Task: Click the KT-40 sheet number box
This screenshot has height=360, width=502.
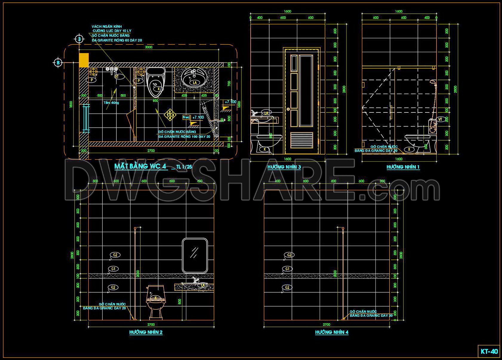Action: (x=489, y=351)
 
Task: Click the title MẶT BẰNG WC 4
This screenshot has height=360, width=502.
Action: (x=140, y=166)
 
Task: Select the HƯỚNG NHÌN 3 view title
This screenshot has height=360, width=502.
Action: (x=284, y=167)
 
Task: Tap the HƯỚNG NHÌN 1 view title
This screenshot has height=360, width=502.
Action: (x=403, y=167)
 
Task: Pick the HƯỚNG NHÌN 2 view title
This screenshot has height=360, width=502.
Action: (x=146, y=332)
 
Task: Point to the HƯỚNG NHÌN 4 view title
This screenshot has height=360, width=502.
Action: (x=332, y=332)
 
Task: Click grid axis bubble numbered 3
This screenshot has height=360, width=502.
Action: (x=79, y=39)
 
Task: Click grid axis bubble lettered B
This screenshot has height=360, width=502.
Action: (x=58, y=63)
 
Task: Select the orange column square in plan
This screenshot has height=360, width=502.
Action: (x=84, y=60)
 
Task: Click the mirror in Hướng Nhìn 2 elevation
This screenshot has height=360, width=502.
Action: (x=195, y=255)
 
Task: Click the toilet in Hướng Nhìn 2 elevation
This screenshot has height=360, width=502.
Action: (x=155, y=301)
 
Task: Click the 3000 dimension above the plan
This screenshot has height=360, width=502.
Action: (x=148, y=47)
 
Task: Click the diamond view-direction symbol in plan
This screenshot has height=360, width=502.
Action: (x=170, y=115)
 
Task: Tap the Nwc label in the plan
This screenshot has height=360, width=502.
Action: (x=186, y=118)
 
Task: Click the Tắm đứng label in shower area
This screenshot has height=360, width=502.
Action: (x=111, y=103)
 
